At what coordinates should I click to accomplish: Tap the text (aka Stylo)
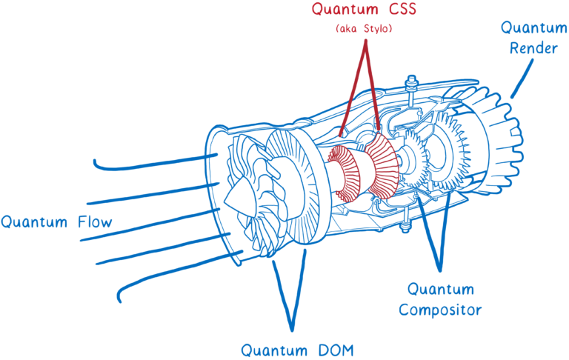pyautogui.click(x=364, y=29)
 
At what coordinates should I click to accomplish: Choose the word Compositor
pyautogui.click(x=440, y=310)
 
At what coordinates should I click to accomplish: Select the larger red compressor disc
pyautogui.click(x=382, y=167)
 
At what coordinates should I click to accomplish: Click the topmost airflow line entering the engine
pyautogui.click(x=148, y=161)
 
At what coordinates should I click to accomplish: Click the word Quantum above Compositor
pyautogui.click(x=441, y=289)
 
